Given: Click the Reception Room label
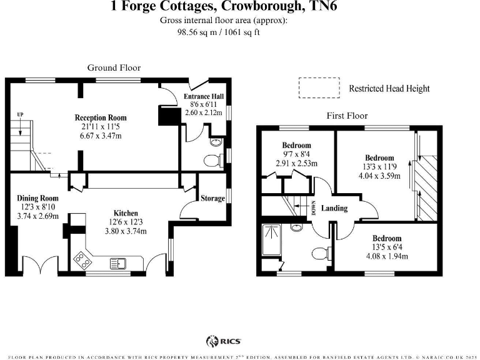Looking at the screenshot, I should click(101, 117).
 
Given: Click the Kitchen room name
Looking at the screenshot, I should click(126, 213).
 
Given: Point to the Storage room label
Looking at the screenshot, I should click(212, 198).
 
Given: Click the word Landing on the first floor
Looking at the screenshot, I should click(334, 208).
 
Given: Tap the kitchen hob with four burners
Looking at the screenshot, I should click(81, 257).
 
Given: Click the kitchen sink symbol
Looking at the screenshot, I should click(118, 262).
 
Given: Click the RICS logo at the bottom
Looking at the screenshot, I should click(224, 341).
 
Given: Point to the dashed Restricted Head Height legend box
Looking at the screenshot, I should click(319, 88).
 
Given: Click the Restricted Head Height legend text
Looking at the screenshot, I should click(389, 89).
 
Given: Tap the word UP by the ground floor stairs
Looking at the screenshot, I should click(21, 114).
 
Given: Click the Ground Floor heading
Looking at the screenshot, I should click(114, 67).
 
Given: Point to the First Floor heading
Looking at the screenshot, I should click(347, 116).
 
